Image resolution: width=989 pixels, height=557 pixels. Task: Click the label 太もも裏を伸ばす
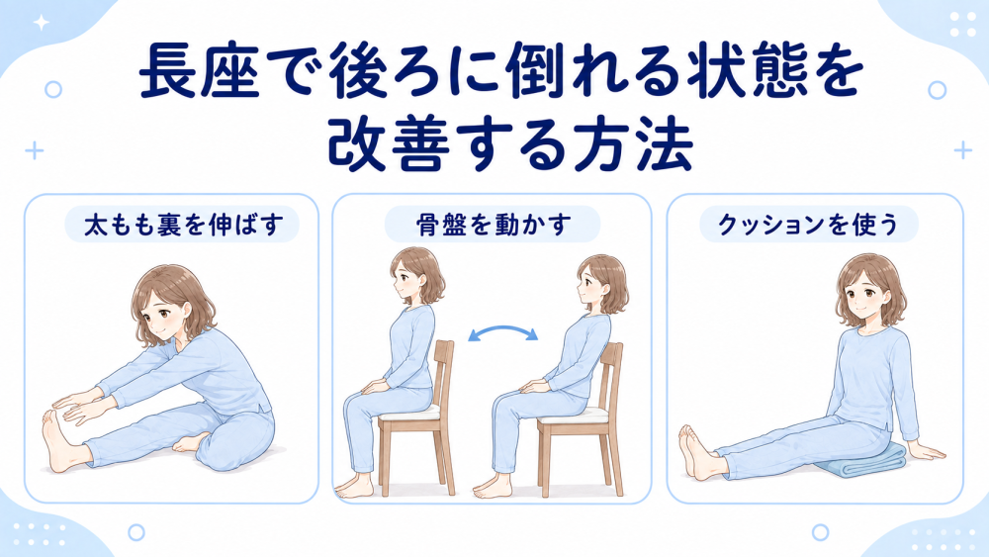click(182, 226)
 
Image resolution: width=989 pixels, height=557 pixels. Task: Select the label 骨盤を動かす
click(494, 226)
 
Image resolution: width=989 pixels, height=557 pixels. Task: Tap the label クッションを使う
click(808, 226)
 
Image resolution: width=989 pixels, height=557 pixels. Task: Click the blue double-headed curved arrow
click(502, 329)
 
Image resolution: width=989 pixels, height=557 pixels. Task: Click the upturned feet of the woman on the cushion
click(696, 451)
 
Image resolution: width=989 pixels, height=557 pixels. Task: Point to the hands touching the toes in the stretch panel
click(76, 410)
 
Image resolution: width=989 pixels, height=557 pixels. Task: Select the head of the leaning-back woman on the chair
click(600, 283)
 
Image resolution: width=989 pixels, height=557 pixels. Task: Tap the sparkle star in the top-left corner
click(42, 24)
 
